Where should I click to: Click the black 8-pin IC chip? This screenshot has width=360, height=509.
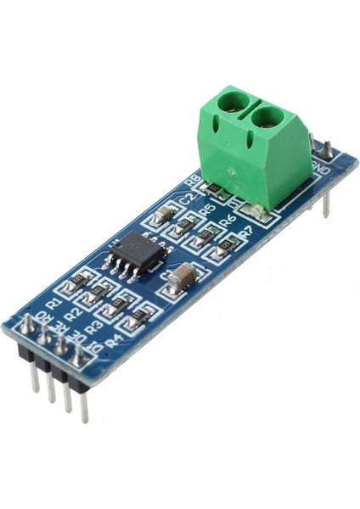136,250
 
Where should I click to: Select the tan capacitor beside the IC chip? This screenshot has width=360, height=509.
183,276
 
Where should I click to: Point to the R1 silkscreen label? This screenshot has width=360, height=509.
53,301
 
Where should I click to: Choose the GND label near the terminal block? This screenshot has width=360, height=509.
323,169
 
